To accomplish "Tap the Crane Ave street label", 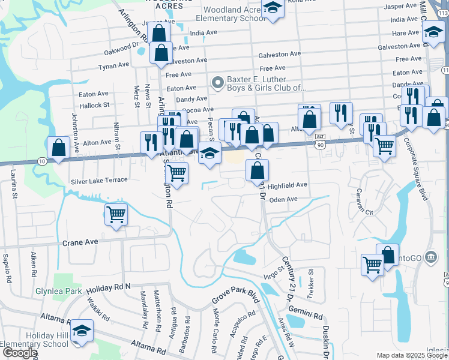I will click(x=80, y=242).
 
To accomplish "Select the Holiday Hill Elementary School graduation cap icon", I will click(x=82, y=332).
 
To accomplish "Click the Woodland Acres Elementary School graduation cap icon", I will click(x=273, y=9).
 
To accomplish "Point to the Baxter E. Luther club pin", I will click(x=217, y=81).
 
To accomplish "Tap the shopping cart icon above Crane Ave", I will click(x=116, y=214).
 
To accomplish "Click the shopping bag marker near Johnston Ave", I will click(x=58, y=147).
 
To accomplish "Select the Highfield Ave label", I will click(x=287, y=185).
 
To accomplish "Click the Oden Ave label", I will click(x=283, y=199).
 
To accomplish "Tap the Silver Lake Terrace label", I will click(x=99, y=180).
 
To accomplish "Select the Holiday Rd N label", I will click(x=104, y=288).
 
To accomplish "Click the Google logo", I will click(x=20, y=353).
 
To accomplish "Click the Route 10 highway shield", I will click(x=40, y=161).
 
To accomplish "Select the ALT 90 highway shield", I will click(x=321, y=140).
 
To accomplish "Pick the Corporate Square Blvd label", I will click(x=418, y=169).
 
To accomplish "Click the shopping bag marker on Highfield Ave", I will click(x=256, y=170).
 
